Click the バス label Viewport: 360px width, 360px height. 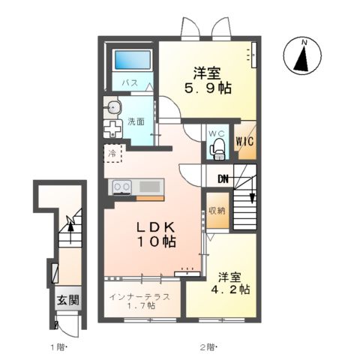(x=130, y=83)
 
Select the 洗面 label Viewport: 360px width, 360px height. (x=136, y=121)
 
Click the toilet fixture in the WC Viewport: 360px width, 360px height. (x=217, y=148)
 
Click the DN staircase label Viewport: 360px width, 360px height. (x=223, y=178)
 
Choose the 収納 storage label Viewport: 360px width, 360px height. (x=217, y=211)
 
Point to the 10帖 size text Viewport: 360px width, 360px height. (x=156, y=243)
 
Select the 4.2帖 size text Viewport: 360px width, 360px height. (x=233, y=290)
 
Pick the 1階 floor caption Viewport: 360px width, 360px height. (x=60, y=347)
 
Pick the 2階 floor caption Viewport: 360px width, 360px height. (x=208, y=347)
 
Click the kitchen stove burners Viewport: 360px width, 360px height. (x=122, y=186)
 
